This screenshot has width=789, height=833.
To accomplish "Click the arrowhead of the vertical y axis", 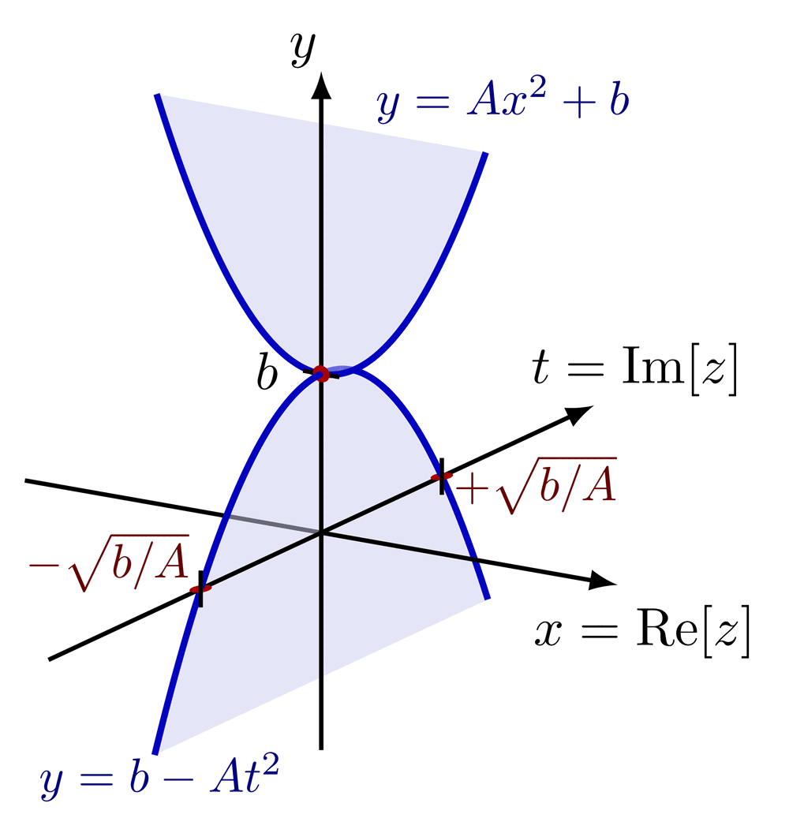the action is point(320,84).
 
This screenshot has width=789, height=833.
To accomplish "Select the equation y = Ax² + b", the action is point(503,103).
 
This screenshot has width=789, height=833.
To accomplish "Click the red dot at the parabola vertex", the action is point(320,374).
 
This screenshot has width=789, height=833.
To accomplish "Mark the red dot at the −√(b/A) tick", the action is point(200,588).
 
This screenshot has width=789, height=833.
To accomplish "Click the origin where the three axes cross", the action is point(320,533).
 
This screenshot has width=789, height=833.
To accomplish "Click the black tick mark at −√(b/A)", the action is point(200,588).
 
